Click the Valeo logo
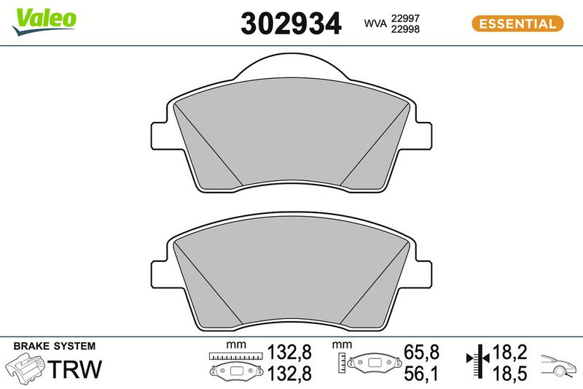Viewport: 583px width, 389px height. coord(44,22)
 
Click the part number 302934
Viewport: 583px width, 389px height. coord(291,23)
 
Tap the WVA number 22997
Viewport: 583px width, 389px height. coord(405,18)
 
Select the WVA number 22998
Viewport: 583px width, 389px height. coord(405,29)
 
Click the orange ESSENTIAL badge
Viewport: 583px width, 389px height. coord(517,23)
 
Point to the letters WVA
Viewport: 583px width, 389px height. coord(375,23)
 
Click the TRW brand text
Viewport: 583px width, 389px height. coord(76,369)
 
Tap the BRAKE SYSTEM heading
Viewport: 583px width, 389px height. coord(54,346)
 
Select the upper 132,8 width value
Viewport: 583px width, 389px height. coord(289,353)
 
